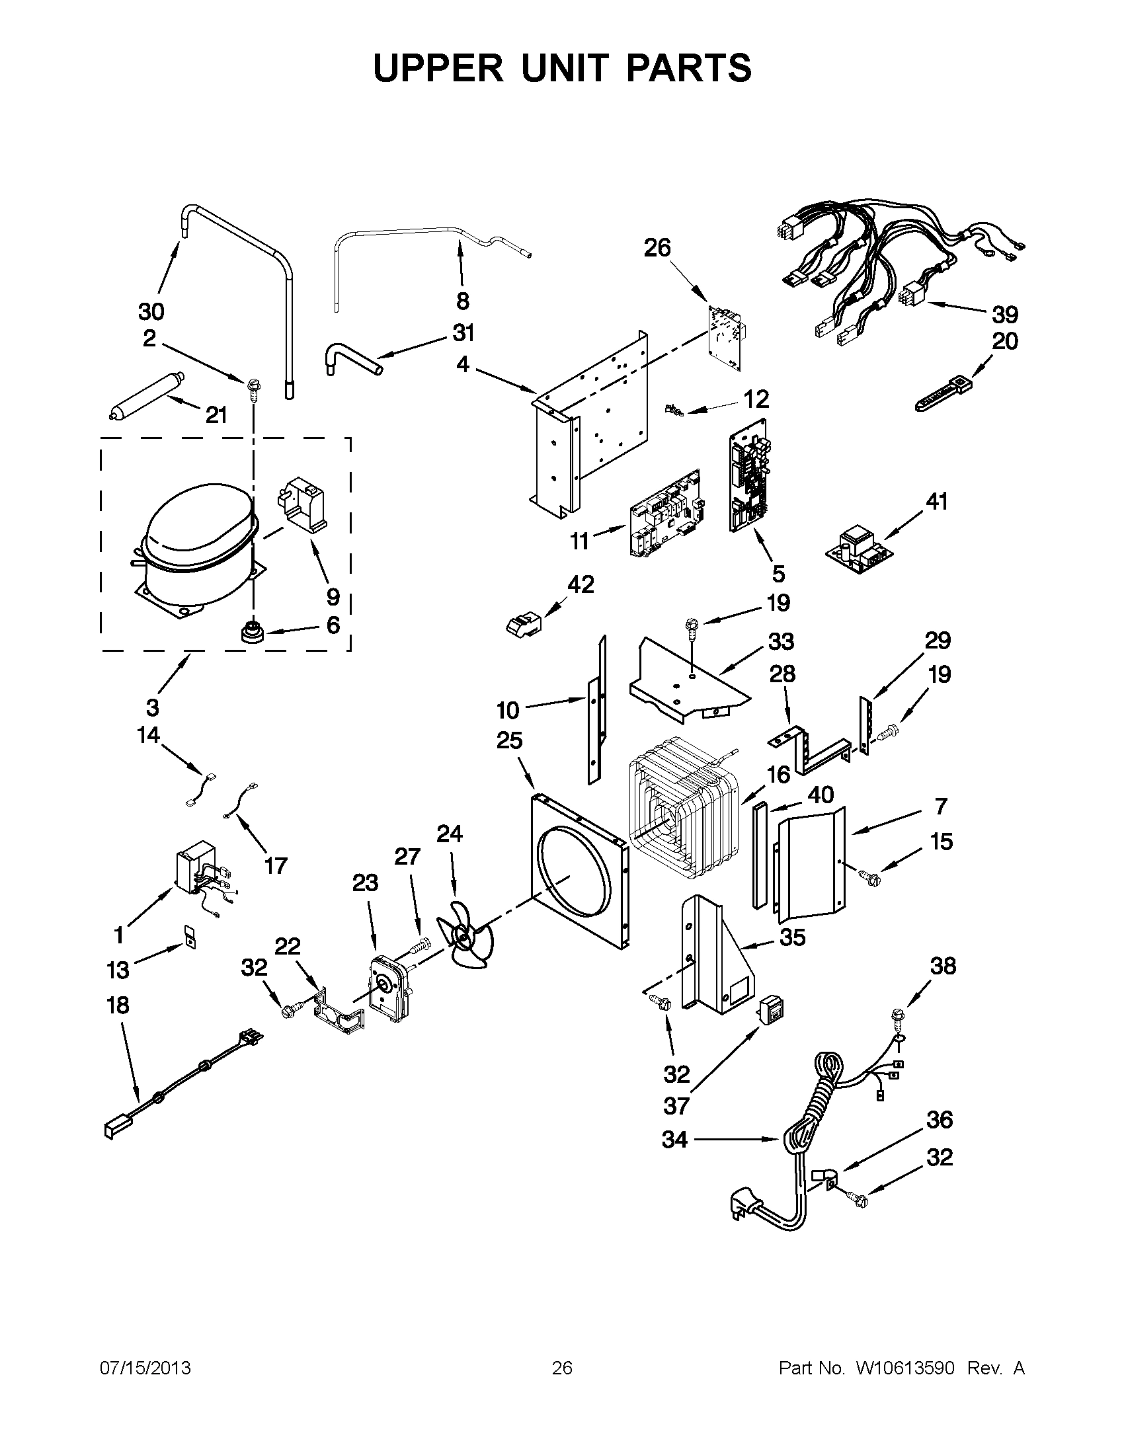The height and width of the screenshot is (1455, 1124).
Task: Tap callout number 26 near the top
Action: (657, 248)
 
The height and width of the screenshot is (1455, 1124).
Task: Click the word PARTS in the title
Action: (689, 68)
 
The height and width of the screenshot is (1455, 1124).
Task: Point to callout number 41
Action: (936, 501)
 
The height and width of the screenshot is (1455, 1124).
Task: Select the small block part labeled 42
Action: (523, 624)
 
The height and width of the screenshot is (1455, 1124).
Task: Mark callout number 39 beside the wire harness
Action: (1005, 314)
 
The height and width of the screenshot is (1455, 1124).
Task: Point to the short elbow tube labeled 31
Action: (349, 358)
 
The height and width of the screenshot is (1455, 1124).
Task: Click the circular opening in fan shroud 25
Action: (576, 881)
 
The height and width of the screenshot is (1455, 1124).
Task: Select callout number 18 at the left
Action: (118, 1005)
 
